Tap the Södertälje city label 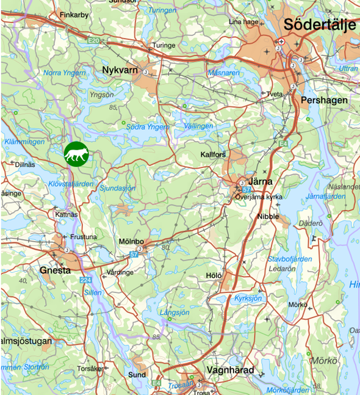point(320,25)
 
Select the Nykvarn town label point(121,71)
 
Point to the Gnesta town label point(54,270)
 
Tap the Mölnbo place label point(131,242)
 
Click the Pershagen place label point(324,100)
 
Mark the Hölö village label point(214,276)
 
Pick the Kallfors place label point(213,155)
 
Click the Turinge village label point(164,45)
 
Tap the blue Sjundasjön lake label point(117,189)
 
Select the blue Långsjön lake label point(175,312)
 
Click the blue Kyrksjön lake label point(248,298)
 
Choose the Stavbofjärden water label point(290,259)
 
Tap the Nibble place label point(268,217)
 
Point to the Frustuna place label point(84,237)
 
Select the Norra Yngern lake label point(65,73)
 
